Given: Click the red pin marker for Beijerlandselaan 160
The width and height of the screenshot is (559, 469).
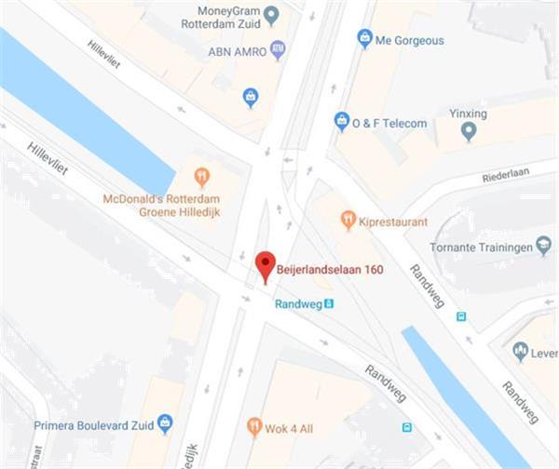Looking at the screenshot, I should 266,264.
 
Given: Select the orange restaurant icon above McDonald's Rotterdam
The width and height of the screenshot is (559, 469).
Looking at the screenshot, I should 201,176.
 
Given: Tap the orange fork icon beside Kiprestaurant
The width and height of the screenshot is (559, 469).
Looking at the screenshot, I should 348,221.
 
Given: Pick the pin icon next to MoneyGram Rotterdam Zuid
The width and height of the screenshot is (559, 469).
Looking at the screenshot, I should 271,15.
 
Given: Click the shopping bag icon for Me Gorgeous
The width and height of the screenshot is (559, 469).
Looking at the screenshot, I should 364,39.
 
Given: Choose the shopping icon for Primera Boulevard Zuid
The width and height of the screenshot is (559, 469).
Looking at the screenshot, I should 165,422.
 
